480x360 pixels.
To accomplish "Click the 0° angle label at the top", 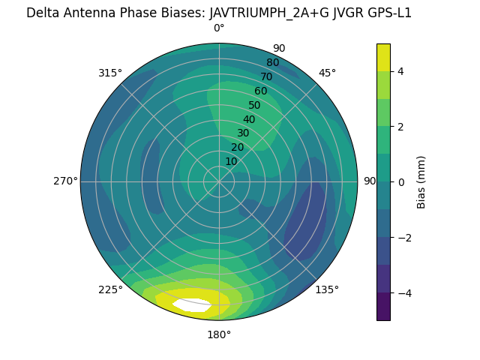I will (219, 28).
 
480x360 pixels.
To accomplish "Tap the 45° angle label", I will (327, 73).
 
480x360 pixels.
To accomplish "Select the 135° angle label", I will (327, 289).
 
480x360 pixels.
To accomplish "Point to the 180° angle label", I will (219, 334).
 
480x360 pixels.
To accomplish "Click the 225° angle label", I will (110, 289).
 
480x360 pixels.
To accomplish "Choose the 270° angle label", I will (65, 181).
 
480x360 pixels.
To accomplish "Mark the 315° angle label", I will (110, 73).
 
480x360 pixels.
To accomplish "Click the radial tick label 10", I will (231, 161).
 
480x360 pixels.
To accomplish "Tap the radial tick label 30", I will (243, 133).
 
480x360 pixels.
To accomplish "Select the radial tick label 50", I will (255, 106).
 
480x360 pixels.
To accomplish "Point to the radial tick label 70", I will (267, 76).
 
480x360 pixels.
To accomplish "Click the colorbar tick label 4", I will (400, 71).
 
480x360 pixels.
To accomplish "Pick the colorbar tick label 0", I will (400, 181).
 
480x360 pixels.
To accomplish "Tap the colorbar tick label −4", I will (402, 292).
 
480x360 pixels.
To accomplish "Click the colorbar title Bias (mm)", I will (421, 181).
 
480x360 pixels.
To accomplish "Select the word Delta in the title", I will (43, 13).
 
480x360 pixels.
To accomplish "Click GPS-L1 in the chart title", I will (387, 13).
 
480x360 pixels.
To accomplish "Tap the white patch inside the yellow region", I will (192, 305).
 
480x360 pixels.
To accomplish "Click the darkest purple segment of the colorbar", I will (383, 306).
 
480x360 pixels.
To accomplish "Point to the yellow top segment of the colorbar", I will (383, 57).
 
